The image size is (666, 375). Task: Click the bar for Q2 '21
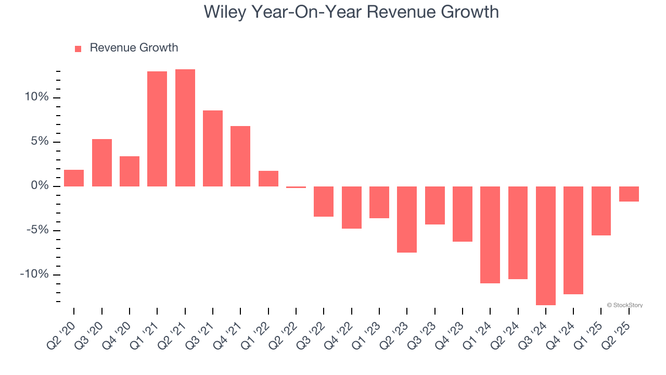pyautogui.click(x=185, y=128)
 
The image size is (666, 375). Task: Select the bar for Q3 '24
pyautogui.click(x=546, y=245)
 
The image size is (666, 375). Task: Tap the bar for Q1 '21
pyautogui.click(x=157, y=129)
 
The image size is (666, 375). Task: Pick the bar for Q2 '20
pyautogui.click(x=74, y=178)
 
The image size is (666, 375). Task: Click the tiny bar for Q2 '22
pyautogui.click(x=296, y=187)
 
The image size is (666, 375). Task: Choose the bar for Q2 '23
pyautogui.click(x=407, y=219)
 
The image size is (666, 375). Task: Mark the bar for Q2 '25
pyautogui.click(x=629, y=194)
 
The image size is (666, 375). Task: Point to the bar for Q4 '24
pyautogui.click(x=573, y=240)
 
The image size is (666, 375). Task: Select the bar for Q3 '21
pyautogui.click(x=213, y=148)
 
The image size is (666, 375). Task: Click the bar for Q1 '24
pyautogui.click(x=490, y=234)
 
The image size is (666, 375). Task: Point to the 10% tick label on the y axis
pyautogui.click(x=36, y=97)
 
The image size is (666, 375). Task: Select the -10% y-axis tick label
pyautogui.click(x=34, y=274)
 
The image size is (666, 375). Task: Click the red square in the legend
pyautogui.click(x=78, y=48)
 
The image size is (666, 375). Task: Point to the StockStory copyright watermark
pyautogui.click(x=624, y=305)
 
